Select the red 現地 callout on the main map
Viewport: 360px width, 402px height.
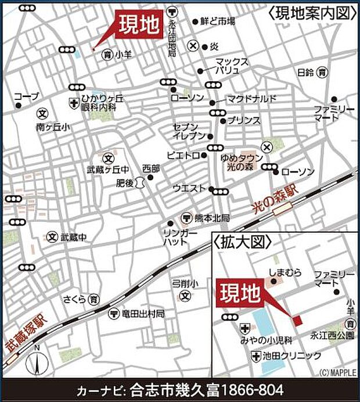pyautogui.click(x=138, y=26)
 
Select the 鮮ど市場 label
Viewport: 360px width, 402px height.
pyautogui.click(x=217, y=21)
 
